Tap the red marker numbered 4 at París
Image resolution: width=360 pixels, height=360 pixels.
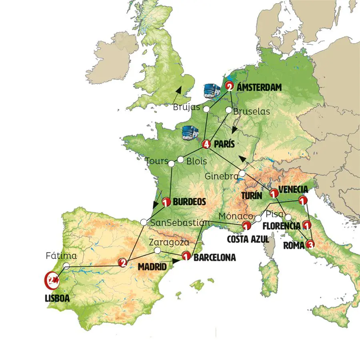click(x=206, y=144)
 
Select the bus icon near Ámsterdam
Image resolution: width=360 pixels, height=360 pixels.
click(x=212, y=91)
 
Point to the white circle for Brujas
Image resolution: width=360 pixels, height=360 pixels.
click(x=206, y=109)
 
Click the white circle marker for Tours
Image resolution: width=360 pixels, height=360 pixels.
click(x=171, y=164)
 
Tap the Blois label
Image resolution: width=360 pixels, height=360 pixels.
click(x=197, y=161)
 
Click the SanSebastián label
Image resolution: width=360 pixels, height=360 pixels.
click(x=180, y=223)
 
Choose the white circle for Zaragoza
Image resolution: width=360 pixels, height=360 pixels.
click(x=158, y=251)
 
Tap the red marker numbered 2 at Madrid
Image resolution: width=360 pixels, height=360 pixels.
click(x=123, y=262)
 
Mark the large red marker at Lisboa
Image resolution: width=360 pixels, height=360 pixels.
click(x=51, y=280)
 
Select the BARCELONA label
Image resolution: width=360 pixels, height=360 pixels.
click(x=214, y=258)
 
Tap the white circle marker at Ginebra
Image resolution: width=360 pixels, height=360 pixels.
click(x=242, y=174)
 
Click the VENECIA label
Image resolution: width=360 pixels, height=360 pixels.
click(x=293, y=189)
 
